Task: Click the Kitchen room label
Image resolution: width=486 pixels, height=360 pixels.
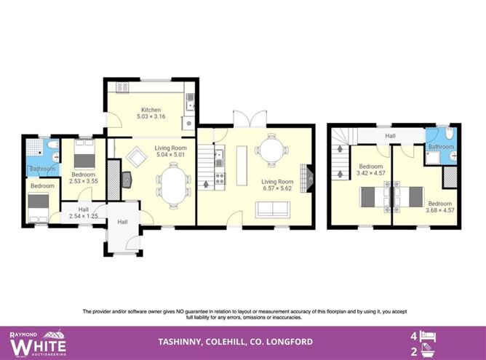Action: [151, 110]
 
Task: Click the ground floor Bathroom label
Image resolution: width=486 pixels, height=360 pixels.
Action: [41, 169]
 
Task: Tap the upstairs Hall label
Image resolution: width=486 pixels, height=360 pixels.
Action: [390, 135]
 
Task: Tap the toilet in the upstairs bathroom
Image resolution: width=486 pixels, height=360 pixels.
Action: [449, 134]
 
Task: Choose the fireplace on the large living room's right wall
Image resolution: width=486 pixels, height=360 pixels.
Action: [310, 176]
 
